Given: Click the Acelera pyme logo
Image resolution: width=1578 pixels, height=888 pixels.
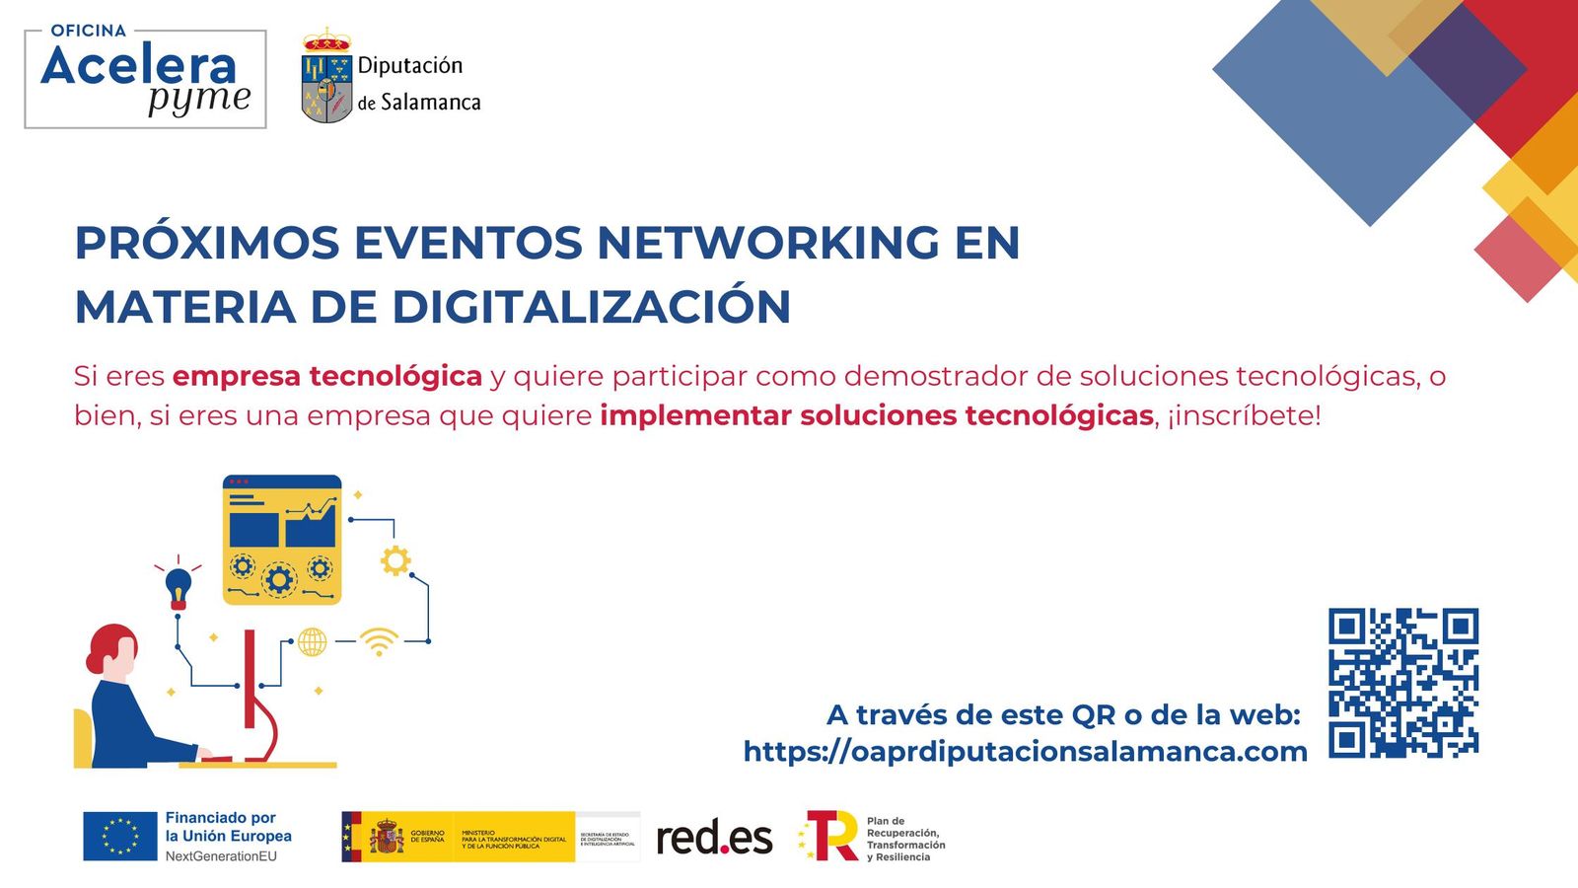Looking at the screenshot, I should (145, 79).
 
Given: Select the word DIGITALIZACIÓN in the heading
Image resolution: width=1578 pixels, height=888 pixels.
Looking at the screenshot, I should (592, 307).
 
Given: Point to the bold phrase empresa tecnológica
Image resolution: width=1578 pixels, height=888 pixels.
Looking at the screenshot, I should (326, 376).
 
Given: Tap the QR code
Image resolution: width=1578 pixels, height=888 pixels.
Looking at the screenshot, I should (1402, 683).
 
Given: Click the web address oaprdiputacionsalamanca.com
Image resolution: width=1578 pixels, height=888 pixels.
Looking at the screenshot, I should (1026, 752).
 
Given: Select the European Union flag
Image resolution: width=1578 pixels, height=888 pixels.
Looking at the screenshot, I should (120, 836).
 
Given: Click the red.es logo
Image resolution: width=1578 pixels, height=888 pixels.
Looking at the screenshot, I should (714, 838).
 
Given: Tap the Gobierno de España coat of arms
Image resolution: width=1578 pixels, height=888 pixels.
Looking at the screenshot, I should (387, 838).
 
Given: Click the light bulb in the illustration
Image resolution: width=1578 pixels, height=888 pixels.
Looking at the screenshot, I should (179, 585).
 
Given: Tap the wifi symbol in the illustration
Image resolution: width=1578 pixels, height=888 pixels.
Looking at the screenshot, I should (379, 641).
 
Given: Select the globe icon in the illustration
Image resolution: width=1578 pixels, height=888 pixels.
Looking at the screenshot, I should (312, 641).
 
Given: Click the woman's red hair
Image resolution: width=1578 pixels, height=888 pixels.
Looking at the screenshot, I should (108, 644).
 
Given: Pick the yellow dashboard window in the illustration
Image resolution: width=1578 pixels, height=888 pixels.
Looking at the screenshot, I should (282, 540).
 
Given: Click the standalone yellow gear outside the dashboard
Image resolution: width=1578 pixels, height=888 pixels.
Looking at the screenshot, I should (395, 560).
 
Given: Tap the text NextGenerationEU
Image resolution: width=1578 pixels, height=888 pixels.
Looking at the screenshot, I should (221, 856).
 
